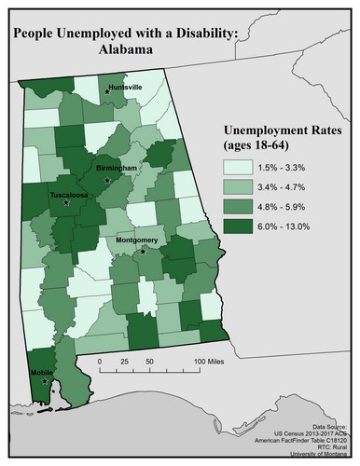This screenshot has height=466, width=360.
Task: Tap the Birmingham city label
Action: pos(117,168)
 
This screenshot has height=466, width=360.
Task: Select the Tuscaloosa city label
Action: pos(69,197)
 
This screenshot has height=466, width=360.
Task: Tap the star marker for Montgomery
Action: pos(143,250)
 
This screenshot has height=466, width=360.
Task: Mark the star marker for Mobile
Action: pos(44,379)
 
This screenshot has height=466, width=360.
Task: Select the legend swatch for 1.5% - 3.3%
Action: pos(239,168)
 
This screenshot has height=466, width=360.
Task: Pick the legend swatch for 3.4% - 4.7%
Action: pos(239,186)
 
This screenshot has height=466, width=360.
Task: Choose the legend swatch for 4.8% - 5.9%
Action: pos(239,206)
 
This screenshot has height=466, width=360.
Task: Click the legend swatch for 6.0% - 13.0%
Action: pos(239,226)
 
